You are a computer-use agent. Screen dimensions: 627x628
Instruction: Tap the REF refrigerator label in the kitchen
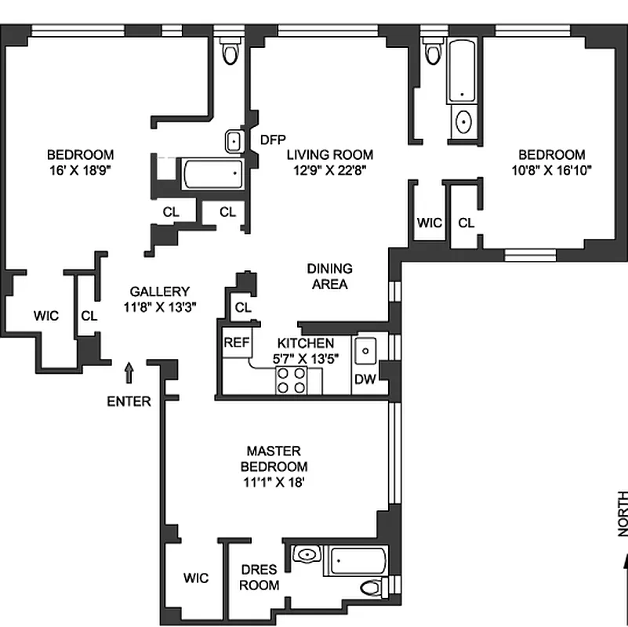click(236, 342)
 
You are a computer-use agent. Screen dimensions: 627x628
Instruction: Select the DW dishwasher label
click(365, 379)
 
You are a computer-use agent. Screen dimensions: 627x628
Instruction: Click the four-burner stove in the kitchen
click(291, 380)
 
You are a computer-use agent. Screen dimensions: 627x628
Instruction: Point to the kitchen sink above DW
click(365, 351)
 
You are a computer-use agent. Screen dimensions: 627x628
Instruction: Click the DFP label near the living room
click(273, 140)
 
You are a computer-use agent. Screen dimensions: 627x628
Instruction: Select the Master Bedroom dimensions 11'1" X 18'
click(274, 482)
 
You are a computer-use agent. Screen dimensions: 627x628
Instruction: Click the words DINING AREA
click(330, 276)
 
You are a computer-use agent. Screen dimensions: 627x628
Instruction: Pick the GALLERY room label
click(160, 291)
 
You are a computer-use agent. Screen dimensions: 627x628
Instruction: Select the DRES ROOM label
click(259, 578)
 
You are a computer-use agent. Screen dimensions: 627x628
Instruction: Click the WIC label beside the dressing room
click(196, 578)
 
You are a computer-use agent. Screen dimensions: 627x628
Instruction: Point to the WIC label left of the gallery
click(46, 316)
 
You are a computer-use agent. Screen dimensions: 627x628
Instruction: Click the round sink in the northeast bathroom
click(463, 122)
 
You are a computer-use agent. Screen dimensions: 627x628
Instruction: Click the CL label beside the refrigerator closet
click(243, 307)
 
